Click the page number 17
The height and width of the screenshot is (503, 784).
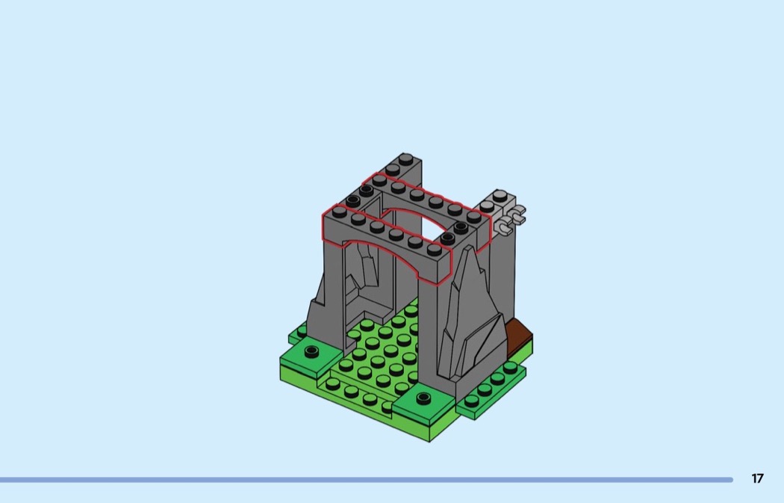(x=758, y=478)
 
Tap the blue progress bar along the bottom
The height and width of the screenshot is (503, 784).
(x=367, y=480)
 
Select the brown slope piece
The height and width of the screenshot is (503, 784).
(x=519, y=339)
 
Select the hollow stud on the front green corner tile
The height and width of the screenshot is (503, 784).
(x=423, y=398)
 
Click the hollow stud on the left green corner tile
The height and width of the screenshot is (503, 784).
(x=311, y=351)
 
